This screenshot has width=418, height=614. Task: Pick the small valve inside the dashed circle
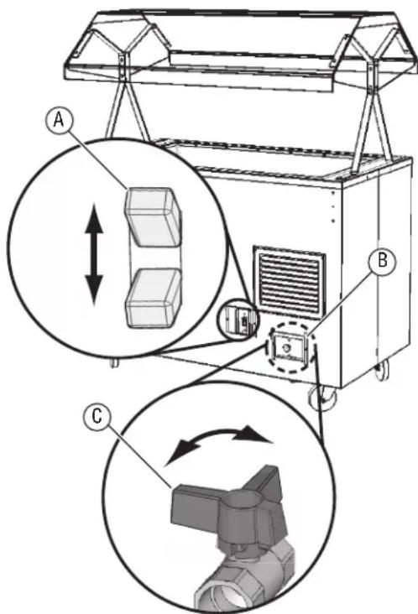coord(287,346)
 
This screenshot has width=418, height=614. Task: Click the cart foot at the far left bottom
coord(112,362)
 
